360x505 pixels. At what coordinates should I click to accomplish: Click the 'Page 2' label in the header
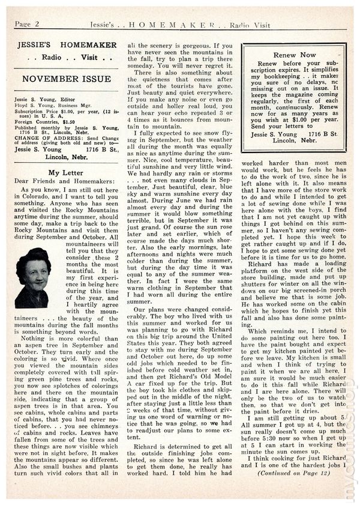(x=27, y=23)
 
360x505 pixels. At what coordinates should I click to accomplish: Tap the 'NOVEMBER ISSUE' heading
(x=65, y=79)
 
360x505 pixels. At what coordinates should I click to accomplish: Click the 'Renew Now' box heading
(x=292, y=53)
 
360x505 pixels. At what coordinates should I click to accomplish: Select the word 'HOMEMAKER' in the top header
(x=183, y=23)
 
